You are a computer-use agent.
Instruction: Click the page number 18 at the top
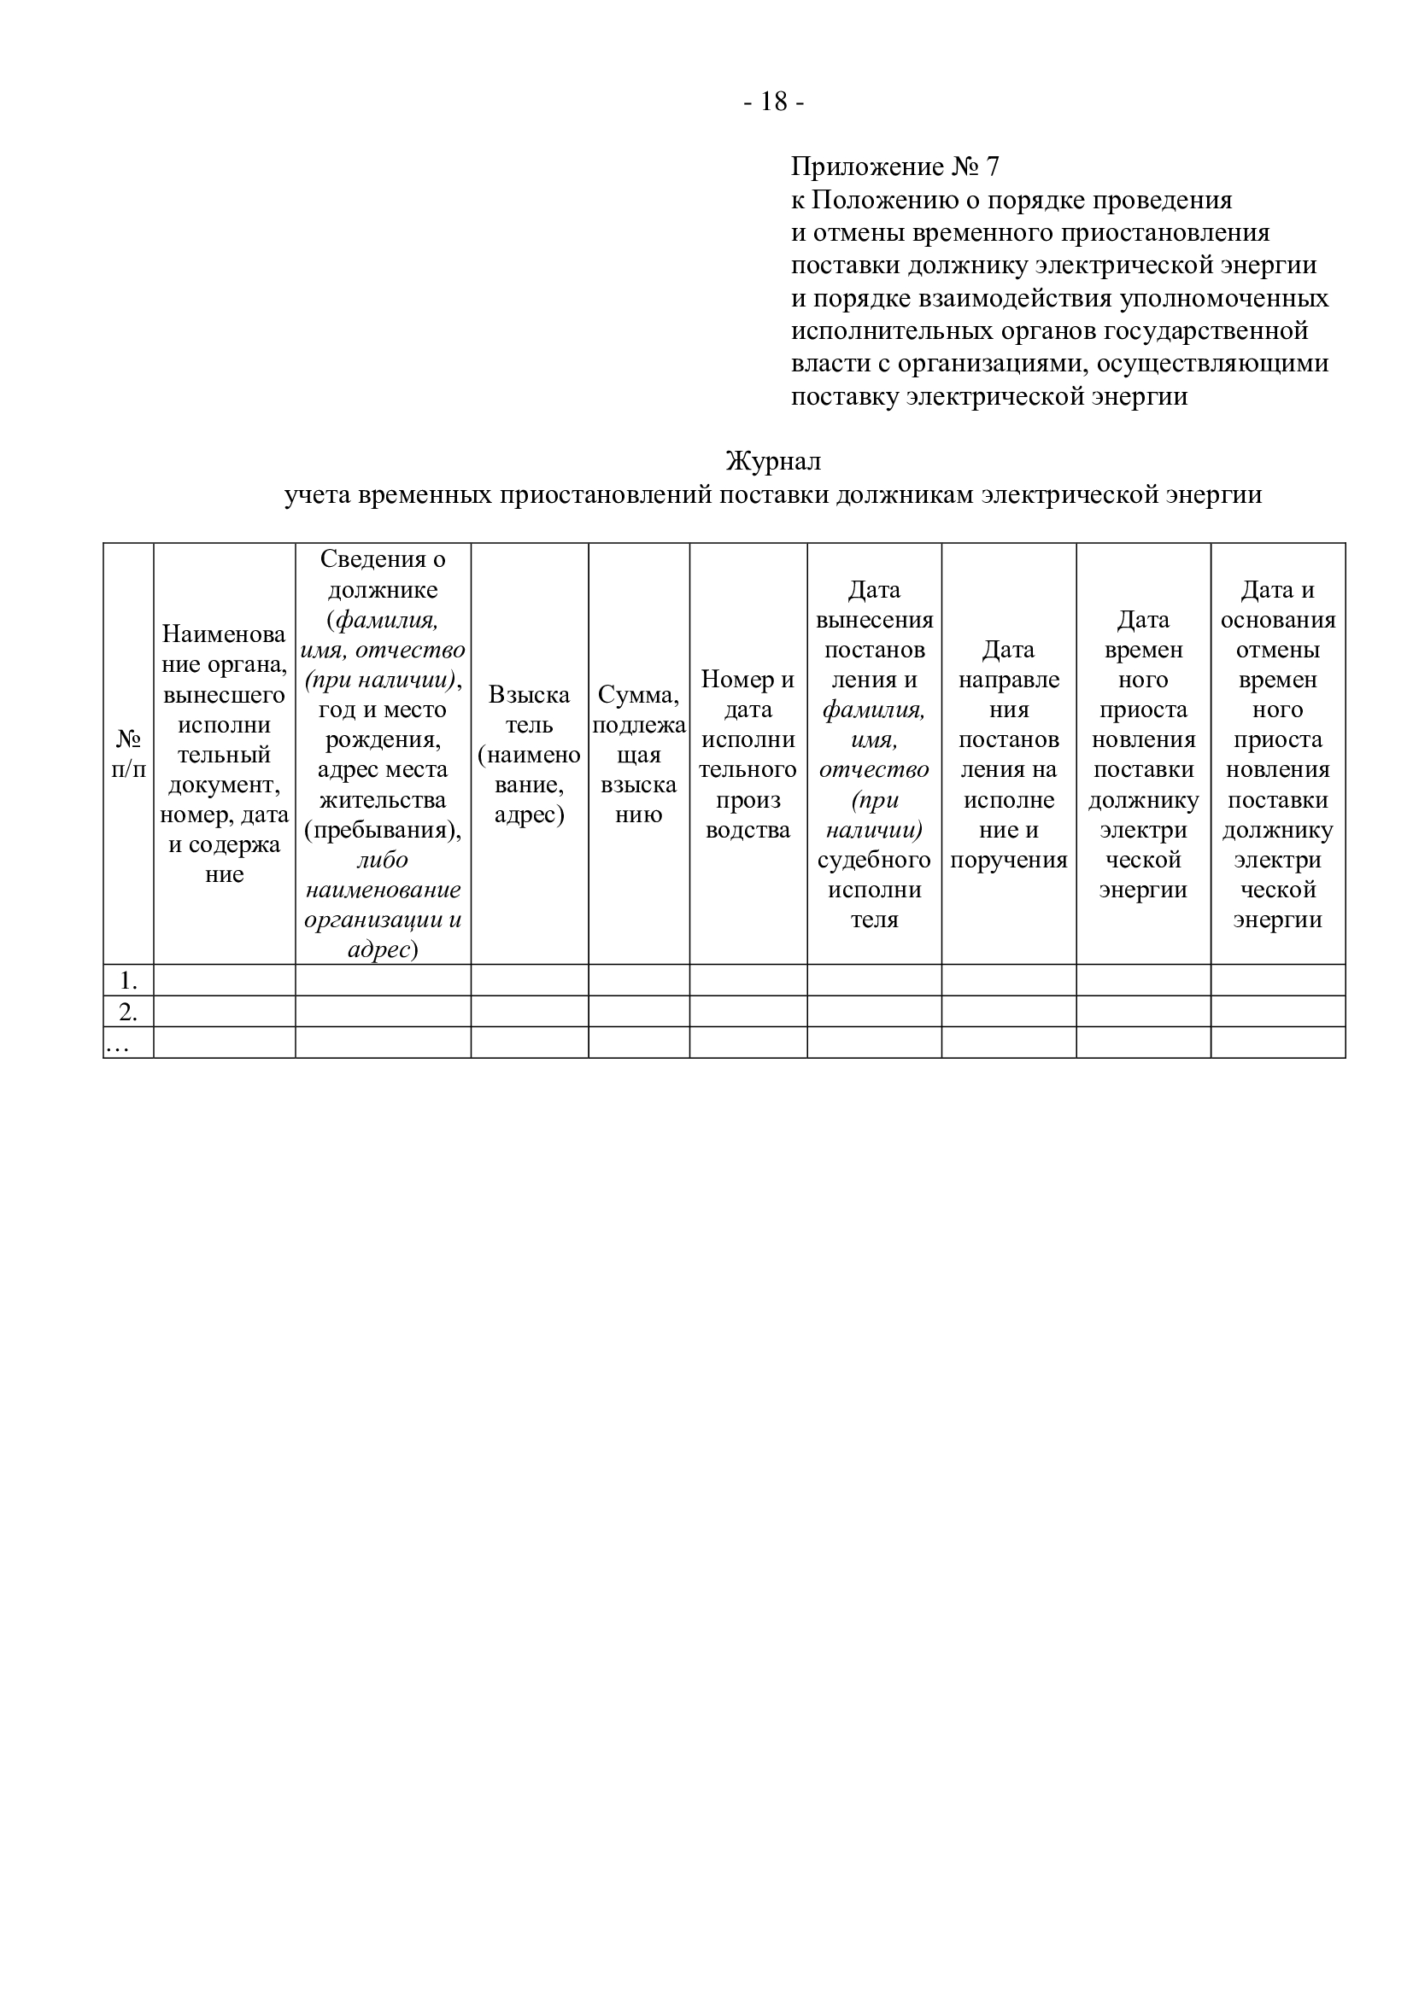click(773, 102)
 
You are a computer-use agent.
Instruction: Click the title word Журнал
click(772, 461)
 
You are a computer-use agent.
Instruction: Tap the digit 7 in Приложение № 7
click(992, 166)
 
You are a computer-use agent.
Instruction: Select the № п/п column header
click(129, 753)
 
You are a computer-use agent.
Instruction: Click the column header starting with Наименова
click(225, 753)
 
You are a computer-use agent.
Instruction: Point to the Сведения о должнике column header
click(383, 753)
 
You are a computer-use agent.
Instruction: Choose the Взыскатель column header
click(529, 753)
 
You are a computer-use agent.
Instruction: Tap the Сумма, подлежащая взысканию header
click(639, 753)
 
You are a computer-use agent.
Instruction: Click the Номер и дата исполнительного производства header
click(748, 753)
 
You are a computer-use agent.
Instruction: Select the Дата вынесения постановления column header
click(874, 753)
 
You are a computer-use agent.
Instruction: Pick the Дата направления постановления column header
click(1008, 753)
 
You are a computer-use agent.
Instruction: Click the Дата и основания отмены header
click(1277, 753)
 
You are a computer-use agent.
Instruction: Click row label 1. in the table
click(129, 980)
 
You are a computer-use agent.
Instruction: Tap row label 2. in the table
click(129, 1012)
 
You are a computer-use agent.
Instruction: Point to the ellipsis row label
click(116, 1044)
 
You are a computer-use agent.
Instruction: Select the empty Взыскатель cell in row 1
click(529, 980)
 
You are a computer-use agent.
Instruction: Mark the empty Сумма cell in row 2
click(639, 1012)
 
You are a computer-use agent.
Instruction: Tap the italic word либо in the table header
click(382, 860)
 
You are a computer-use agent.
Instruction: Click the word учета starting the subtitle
click(317, 495)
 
